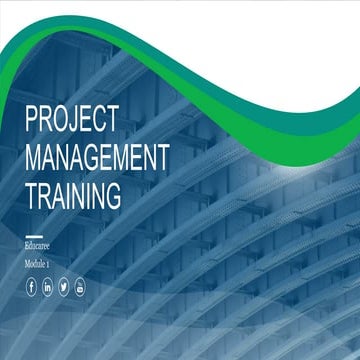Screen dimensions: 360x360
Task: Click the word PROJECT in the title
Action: [x=72, y=119]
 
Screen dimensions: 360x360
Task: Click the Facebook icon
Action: [x=32, y=288]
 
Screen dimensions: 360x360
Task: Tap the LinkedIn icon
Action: [x=48, y=288]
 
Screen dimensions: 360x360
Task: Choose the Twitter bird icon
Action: [x=64, y=288]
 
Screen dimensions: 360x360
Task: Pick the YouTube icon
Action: [x=80, y=288]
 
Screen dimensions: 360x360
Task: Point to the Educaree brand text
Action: [x=40, y=245]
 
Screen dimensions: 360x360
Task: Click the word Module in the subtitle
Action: [x=38, y=264]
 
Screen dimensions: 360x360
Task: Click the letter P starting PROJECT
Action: [x=32, y=119]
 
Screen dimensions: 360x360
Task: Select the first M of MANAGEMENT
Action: [x=34, y=156]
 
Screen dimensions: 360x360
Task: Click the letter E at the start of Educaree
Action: [x=27, y=245]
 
